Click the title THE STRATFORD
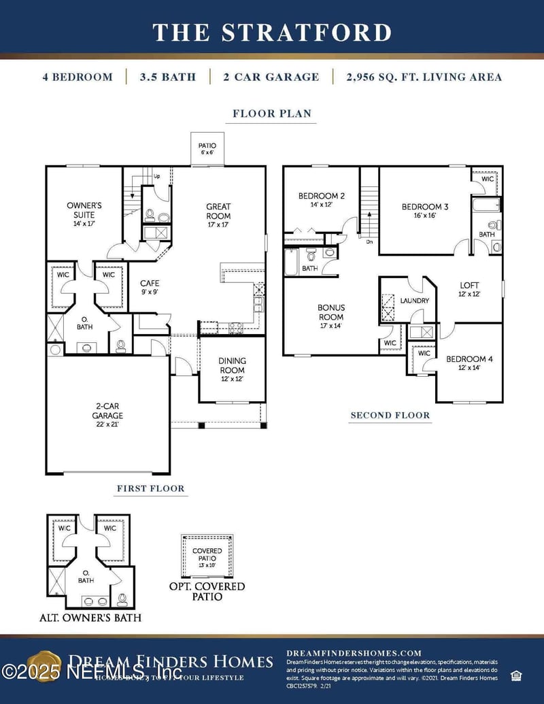(x=272, y=32)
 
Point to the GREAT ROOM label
(x=218, y=211)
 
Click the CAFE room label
(x=150, y=287)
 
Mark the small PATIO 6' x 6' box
(x=207, y=149)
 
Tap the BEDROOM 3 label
(x=425, y=211)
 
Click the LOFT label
(x=469, y=290)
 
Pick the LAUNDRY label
(x=414, y=300)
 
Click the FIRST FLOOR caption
(x=150, y=488)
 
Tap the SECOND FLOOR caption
(x=390, y=415)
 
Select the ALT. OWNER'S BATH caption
(x=90, y=618)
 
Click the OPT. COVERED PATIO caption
(x=207, y=591)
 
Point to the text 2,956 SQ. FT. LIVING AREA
(x=424, y=77)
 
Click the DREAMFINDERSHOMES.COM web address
(x=354, y=653)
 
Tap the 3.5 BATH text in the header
(x=167, y=77)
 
